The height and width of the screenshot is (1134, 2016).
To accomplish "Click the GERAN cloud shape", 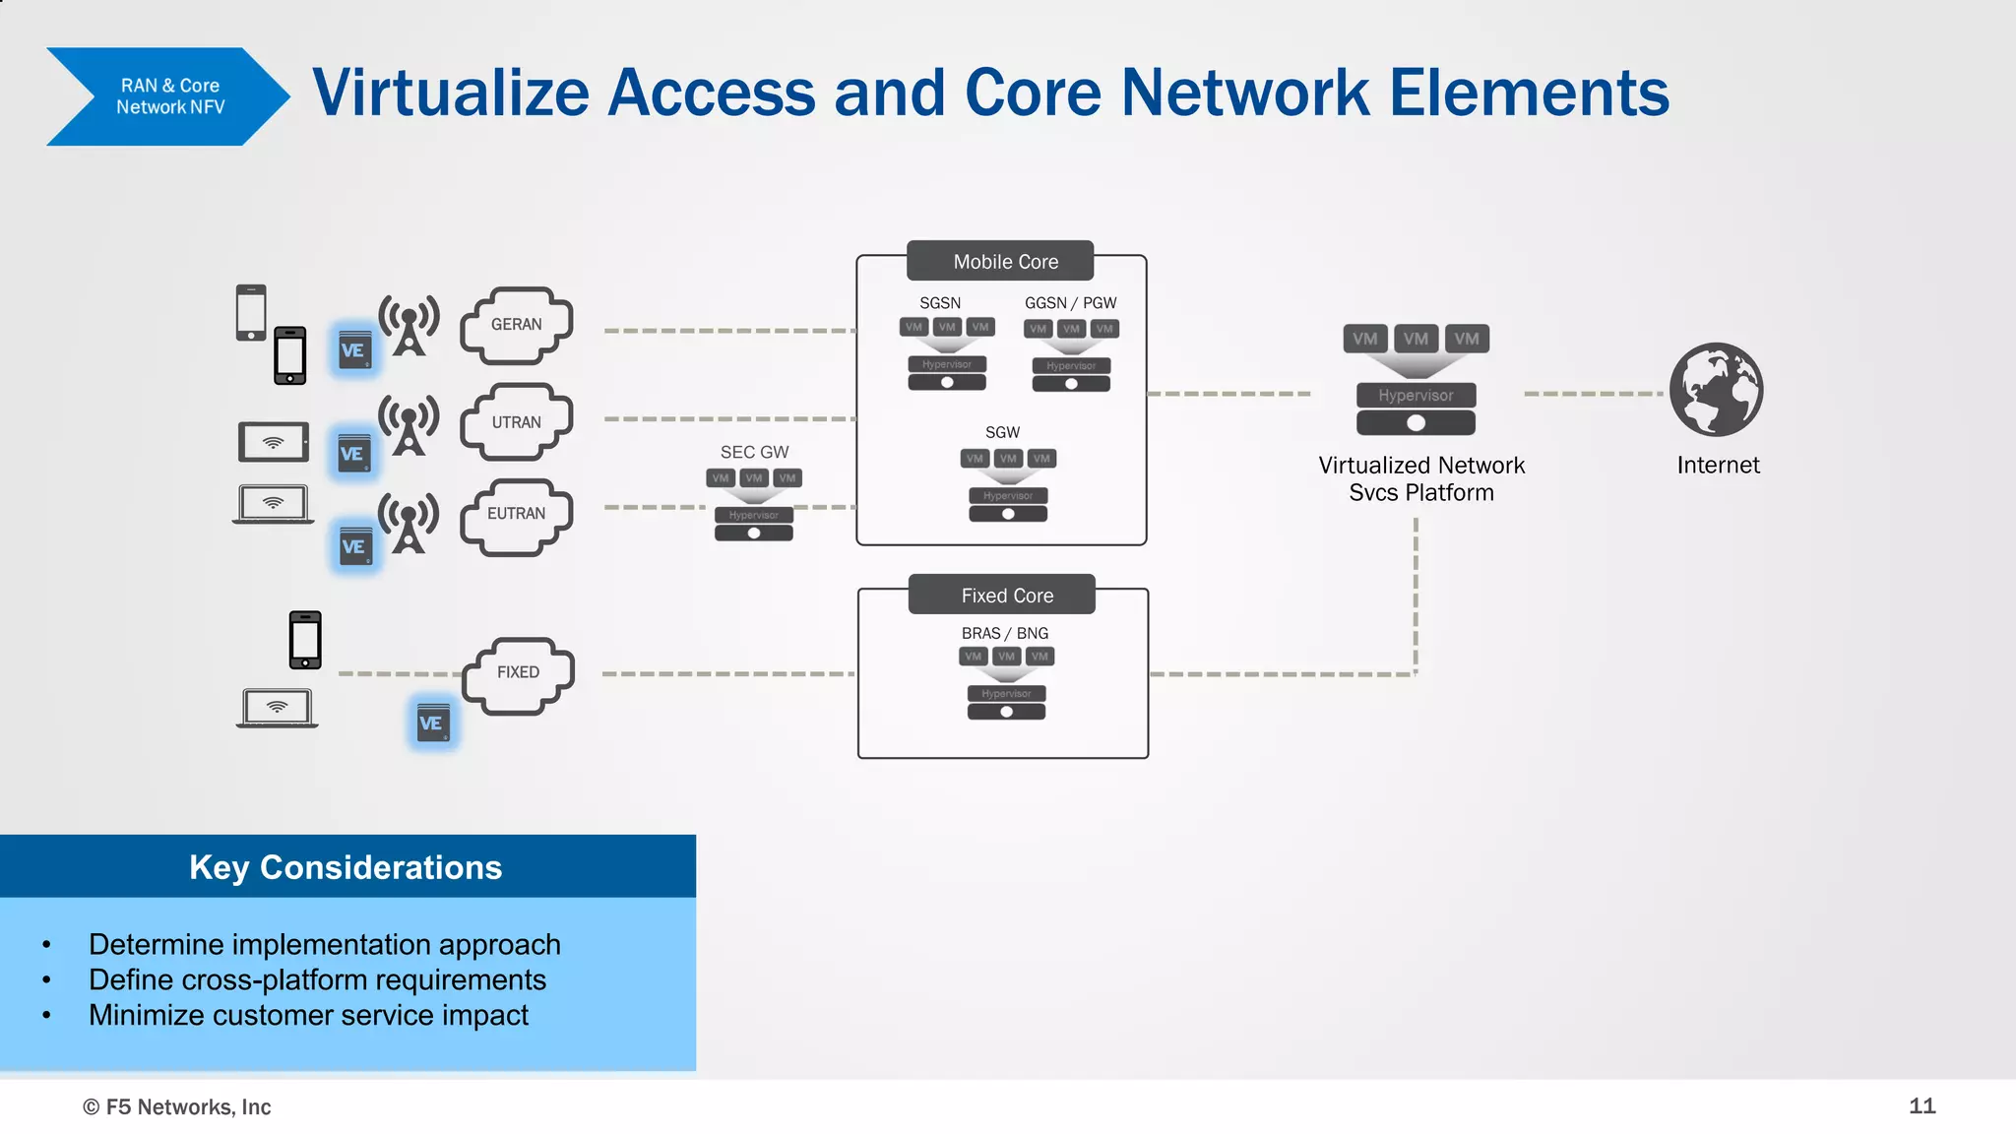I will point(516,325).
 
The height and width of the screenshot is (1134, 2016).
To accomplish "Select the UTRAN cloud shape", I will point(516,422).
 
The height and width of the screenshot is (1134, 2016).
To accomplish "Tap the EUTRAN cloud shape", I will point(516,515).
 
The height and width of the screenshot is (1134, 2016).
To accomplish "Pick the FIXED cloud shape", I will point(518,673).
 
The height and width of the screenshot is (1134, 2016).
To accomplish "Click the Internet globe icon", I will point(1716,390).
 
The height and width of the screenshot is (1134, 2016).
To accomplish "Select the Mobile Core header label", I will point(1005,262).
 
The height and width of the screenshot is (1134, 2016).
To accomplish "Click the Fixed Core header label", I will point(1006,596).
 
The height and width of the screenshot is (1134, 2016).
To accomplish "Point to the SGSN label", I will point(939,303).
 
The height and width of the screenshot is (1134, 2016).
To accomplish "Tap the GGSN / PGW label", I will point(1070,303).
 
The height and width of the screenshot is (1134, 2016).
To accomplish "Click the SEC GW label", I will point(754,452).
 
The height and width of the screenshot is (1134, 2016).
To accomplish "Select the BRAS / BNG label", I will point(1004,633).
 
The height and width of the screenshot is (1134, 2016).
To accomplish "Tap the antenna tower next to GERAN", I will point(409,325).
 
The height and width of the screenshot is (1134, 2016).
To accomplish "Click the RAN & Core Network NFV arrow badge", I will point(168,96).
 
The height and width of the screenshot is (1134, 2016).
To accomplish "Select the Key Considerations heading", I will point(346,867).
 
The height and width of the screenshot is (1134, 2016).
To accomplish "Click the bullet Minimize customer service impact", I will point(308,1015).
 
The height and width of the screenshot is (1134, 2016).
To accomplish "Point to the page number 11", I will point(1921,1105).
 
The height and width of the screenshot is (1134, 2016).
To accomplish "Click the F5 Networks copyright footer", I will point(177,1106).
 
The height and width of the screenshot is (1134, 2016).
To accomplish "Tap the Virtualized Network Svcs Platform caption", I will point(1420,478).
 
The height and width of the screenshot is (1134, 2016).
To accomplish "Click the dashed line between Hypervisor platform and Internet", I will point(1593,394).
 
